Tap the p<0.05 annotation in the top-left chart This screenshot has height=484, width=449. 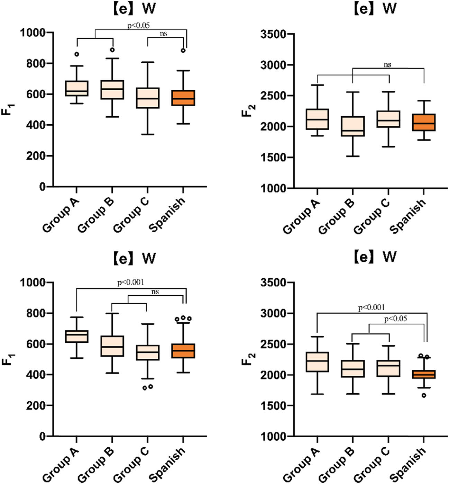pos(138,25)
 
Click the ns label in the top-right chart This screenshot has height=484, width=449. pos(387,64)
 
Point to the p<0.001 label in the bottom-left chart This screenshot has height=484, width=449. pos(131,283)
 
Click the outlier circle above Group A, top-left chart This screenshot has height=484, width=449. pos(77,54)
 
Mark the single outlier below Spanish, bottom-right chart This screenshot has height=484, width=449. pos(424,395)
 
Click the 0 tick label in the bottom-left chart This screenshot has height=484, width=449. pos(42,436)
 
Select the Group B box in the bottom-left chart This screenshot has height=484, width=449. pos(112,346)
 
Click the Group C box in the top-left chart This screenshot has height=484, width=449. pos(148,98)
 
